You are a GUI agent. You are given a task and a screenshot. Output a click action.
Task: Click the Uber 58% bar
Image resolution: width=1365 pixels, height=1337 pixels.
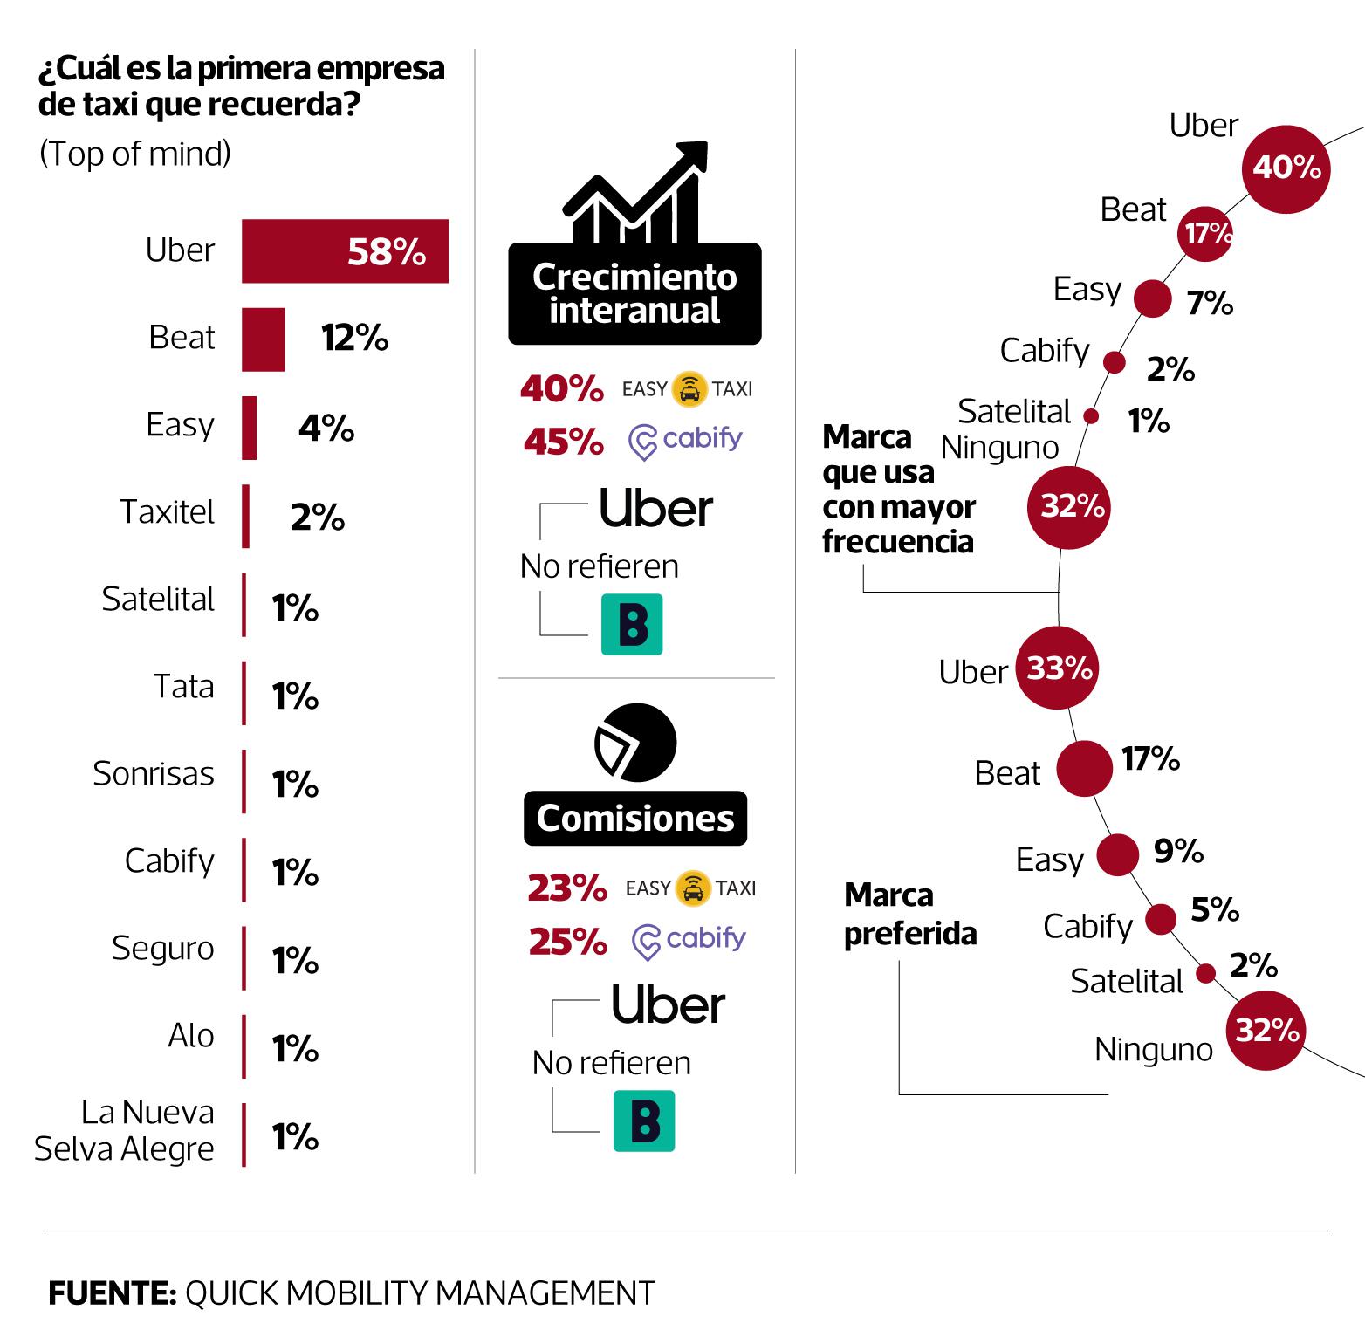[345, 251]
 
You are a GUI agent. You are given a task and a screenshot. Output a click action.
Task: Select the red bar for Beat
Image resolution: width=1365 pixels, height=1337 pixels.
[263, 339]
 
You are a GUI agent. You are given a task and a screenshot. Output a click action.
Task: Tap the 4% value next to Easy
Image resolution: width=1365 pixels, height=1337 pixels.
[326, 428]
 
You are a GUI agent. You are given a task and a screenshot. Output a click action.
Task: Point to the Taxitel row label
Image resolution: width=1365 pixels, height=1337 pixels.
[167, 511]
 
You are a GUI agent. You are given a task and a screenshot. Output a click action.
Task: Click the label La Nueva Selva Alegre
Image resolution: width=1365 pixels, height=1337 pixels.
[124, 1130]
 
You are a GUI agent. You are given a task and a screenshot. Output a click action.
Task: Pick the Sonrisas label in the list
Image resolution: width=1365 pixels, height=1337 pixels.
[154, 773]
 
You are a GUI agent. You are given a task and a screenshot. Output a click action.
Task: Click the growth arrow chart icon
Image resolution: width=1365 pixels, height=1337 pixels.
[635, 192]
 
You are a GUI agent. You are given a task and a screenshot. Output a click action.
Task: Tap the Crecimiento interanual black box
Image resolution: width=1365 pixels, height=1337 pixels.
[634, 293]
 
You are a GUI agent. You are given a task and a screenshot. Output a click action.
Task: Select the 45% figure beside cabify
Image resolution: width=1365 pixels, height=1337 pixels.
[563, 442]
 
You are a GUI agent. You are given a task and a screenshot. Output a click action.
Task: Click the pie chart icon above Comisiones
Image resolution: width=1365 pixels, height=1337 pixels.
[635, 743]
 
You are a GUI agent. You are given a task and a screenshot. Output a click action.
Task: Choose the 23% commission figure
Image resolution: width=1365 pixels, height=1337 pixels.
[566, 888]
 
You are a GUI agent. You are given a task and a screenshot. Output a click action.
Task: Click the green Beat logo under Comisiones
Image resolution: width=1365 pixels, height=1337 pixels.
[644, 1121]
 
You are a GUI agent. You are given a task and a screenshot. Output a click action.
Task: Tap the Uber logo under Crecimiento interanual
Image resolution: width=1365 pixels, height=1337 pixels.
[655, 509]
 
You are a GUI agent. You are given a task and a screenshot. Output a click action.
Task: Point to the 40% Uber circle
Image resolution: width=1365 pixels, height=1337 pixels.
[1286, 168]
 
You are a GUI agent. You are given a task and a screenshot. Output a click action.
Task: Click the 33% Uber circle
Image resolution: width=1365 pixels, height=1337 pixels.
[1058, 668]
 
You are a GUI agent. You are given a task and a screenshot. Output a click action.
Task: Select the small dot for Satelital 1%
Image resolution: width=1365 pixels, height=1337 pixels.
[1091, 416]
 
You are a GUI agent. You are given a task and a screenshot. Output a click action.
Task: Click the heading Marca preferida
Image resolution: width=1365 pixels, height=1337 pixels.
[909, 915]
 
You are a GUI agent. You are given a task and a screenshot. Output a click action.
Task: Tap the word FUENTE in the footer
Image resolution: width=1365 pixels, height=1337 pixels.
[112, 1292]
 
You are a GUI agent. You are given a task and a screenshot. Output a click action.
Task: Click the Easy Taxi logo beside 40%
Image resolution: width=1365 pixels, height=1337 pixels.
[688, 389]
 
